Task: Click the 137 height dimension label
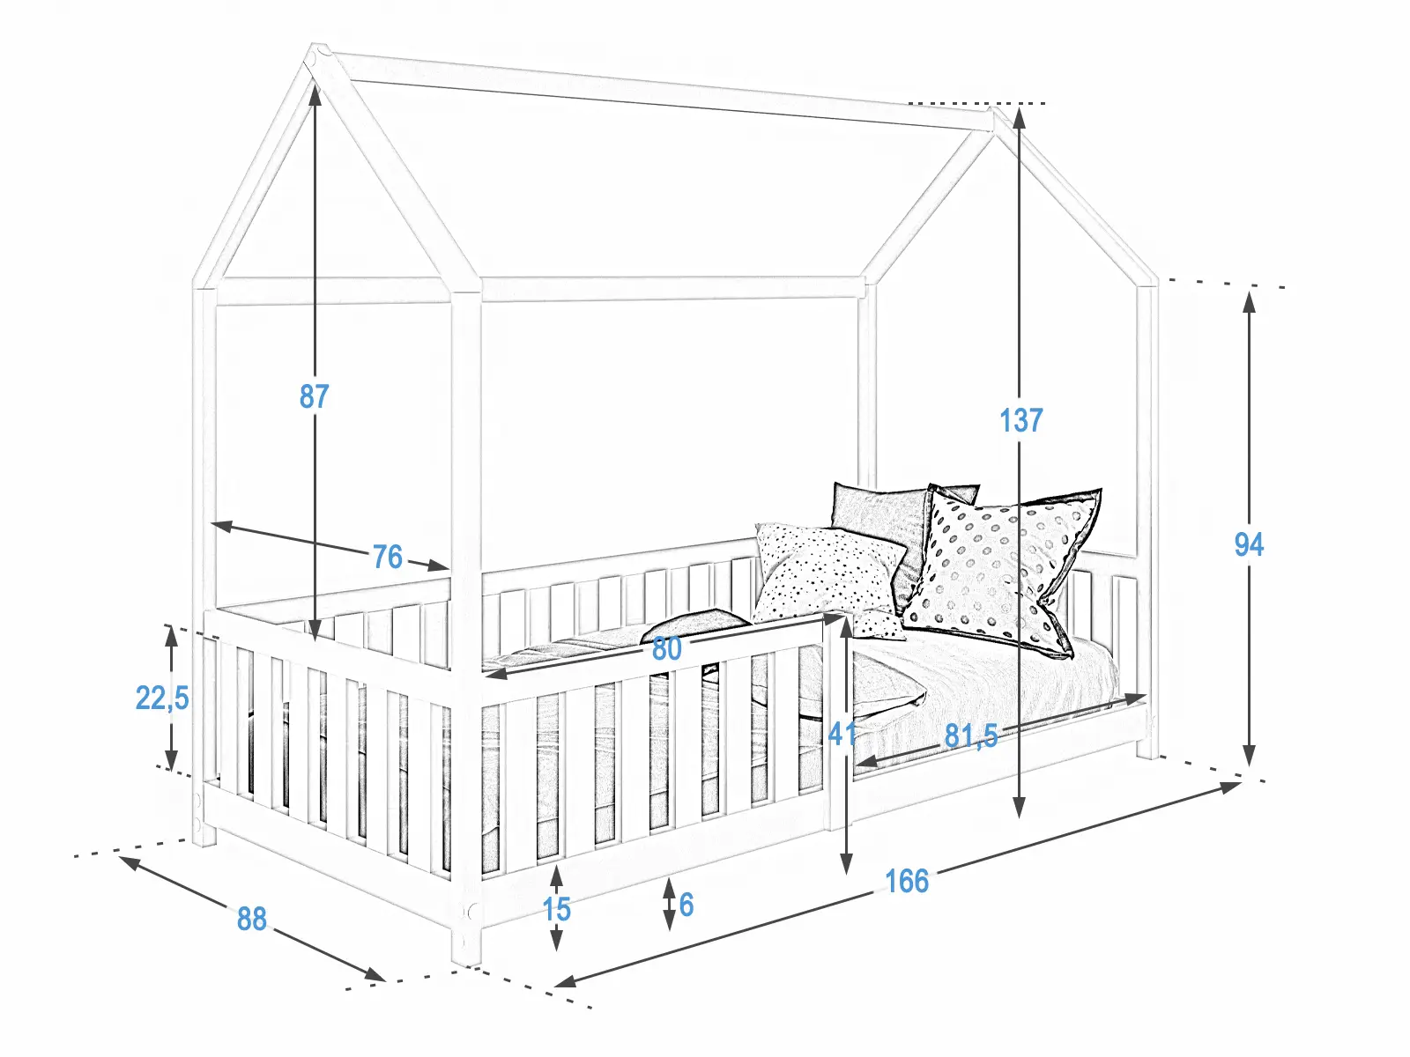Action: [1020, 420]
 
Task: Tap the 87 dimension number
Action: [314, 396]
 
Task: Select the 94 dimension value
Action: [1249, 544]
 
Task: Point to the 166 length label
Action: [906, 881]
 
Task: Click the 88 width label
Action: [251, 919]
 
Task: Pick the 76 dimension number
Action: [387, 557]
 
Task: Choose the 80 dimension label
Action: [666, 649]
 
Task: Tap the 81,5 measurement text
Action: [971, 735]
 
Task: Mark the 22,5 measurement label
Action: [162, 698]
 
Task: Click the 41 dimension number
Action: [842, 733]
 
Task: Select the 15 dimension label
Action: [556, 909]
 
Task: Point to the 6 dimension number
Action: [686, 905]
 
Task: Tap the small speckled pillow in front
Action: [828, 573]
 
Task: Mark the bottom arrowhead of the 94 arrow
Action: [1249, 758]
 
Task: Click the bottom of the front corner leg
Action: [466, 956]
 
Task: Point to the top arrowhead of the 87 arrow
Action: [315, 88]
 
